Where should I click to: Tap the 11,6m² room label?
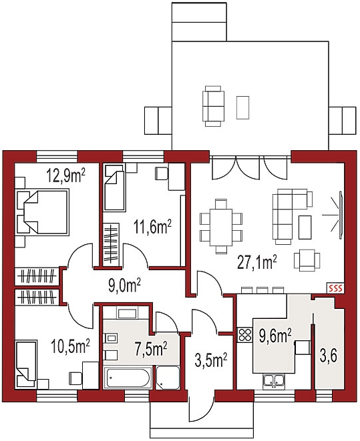click(152, 228)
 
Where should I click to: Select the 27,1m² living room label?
click(257, 263)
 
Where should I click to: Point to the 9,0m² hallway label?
click(124, 286)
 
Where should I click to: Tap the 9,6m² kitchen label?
click(275, 336)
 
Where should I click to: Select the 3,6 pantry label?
click(328, 357)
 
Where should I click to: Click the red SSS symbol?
click(335, 288)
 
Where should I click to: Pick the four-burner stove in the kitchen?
click(245, 335)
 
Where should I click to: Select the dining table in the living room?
click(220, 227)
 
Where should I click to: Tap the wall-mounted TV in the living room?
click(341, 213)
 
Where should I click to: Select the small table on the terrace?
click(242, 107)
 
